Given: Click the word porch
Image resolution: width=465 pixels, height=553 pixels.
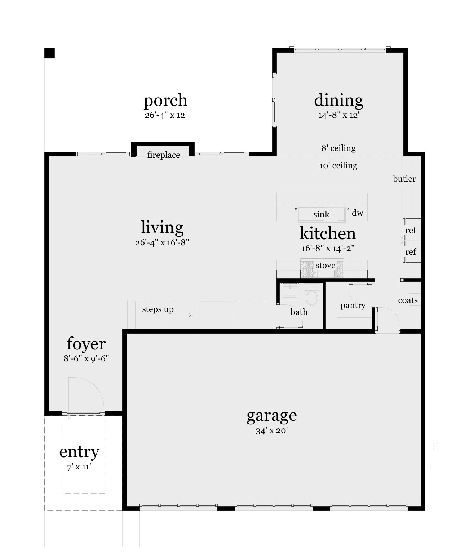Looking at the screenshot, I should [165, 101].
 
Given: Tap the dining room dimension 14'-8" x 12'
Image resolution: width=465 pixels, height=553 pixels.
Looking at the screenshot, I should [338, 115].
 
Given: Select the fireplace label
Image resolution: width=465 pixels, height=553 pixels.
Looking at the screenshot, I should [163, 155].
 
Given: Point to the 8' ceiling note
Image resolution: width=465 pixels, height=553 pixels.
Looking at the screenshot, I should [338, 148].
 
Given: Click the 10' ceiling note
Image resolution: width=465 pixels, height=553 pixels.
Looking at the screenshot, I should [338, 166].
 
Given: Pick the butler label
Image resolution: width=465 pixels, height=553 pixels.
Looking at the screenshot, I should [404, 179].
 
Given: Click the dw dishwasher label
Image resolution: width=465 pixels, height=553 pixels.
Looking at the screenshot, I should [357, 213].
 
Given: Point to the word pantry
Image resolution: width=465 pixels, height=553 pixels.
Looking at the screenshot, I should [353, 306].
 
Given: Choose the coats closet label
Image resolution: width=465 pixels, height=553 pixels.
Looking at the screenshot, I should [408, 300].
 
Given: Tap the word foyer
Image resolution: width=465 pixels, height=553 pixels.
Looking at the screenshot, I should [86, 344].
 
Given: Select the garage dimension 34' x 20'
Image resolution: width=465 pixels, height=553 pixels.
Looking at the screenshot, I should [271, 431].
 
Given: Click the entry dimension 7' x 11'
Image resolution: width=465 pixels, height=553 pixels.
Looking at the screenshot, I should [79, 467].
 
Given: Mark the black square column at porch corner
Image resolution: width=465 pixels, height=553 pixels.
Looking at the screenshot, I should [49, 53].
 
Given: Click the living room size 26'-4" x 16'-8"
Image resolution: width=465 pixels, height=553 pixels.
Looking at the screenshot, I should [162, 242].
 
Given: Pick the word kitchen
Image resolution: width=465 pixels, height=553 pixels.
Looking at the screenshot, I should [328, 233].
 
